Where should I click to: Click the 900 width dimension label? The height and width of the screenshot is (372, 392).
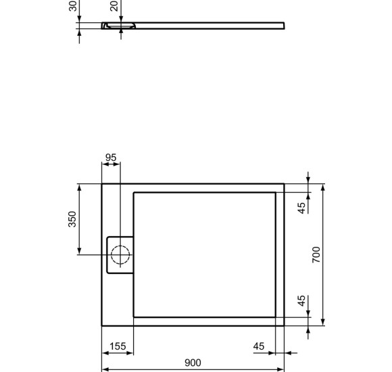193,363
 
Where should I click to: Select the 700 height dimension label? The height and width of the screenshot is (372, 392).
316,254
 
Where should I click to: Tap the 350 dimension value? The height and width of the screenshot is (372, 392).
72,219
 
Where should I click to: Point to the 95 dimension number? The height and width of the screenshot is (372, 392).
111,158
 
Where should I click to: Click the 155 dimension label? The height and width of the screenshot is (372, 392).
118,346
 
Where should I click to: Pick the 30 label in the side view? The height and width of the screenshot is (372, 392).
72,6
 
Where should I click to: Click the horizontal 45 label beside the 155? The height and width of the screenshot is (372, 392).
259,346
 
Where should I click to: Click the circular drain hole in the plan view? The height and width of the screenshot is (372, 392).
120,254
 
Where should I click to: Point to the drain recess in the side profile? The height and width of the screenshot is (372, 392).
118,26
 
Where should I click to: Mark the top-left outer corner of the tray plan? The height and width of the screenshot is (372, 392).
101,183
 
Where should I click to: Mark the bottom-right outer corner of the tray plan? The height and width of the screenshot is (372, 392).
285,325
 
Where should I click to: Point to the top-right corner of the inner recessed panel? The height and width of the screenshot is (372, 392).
275,192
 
